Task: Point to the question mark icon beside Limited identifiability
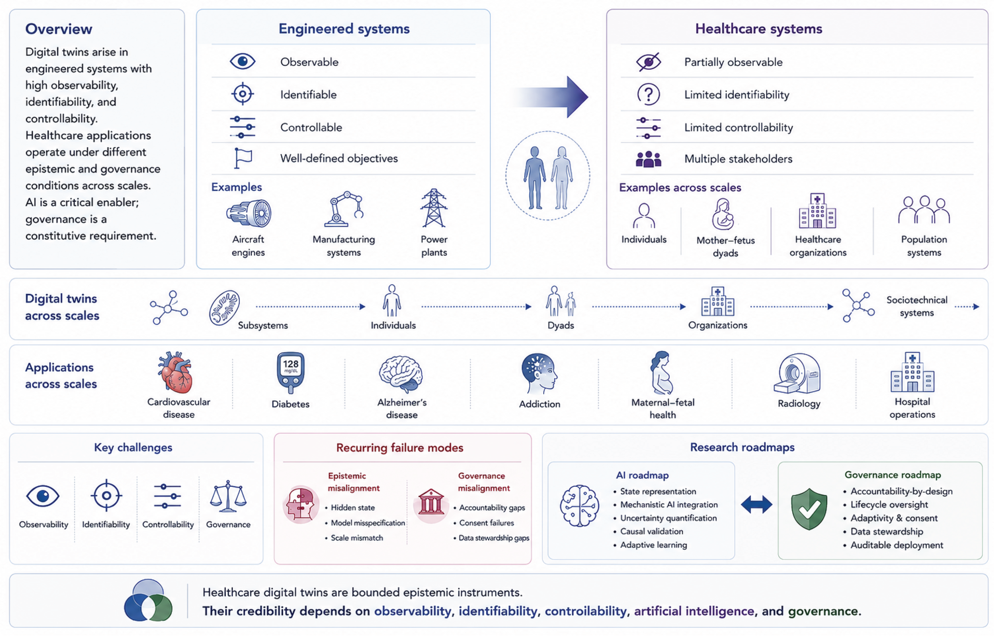(648, 94)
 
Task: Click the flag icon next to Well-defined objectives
(243, 158)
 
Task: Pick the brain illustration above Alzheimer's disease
(401, 374)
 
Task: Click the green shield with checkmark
(809, 508)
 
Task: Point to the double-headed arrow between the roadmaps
(756, 504)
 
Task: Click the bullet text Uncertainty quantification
(668, 518)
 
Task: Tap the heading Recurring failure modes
(399, 448)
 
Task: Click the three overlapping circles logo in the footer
(148, 600)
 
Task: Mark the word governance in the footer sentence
(823, 611)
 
